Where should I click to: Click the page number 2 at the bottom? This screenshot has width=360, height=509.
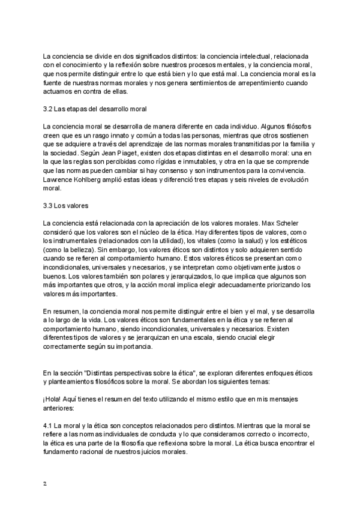[44, 483]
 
